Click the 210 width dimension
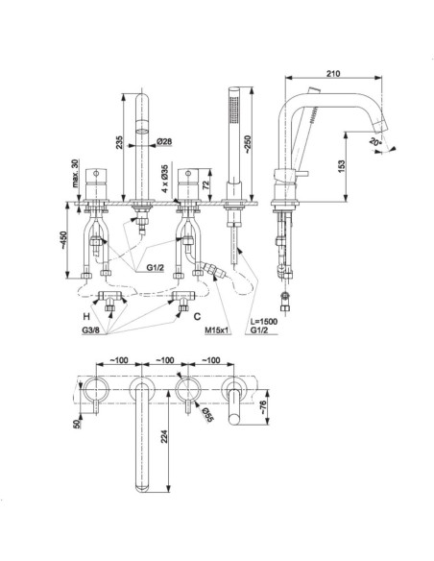(x=333, y=73)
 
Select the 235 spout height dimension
(x=119, y=142)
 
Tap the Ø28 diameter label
(x=164, y=141)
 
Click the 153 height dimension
(x=341, y=166)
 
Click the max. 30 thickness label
(x=75, y=174)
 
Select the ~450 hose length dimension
(x=63, y=240)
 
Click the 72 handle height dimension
(x=205, y=185)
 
